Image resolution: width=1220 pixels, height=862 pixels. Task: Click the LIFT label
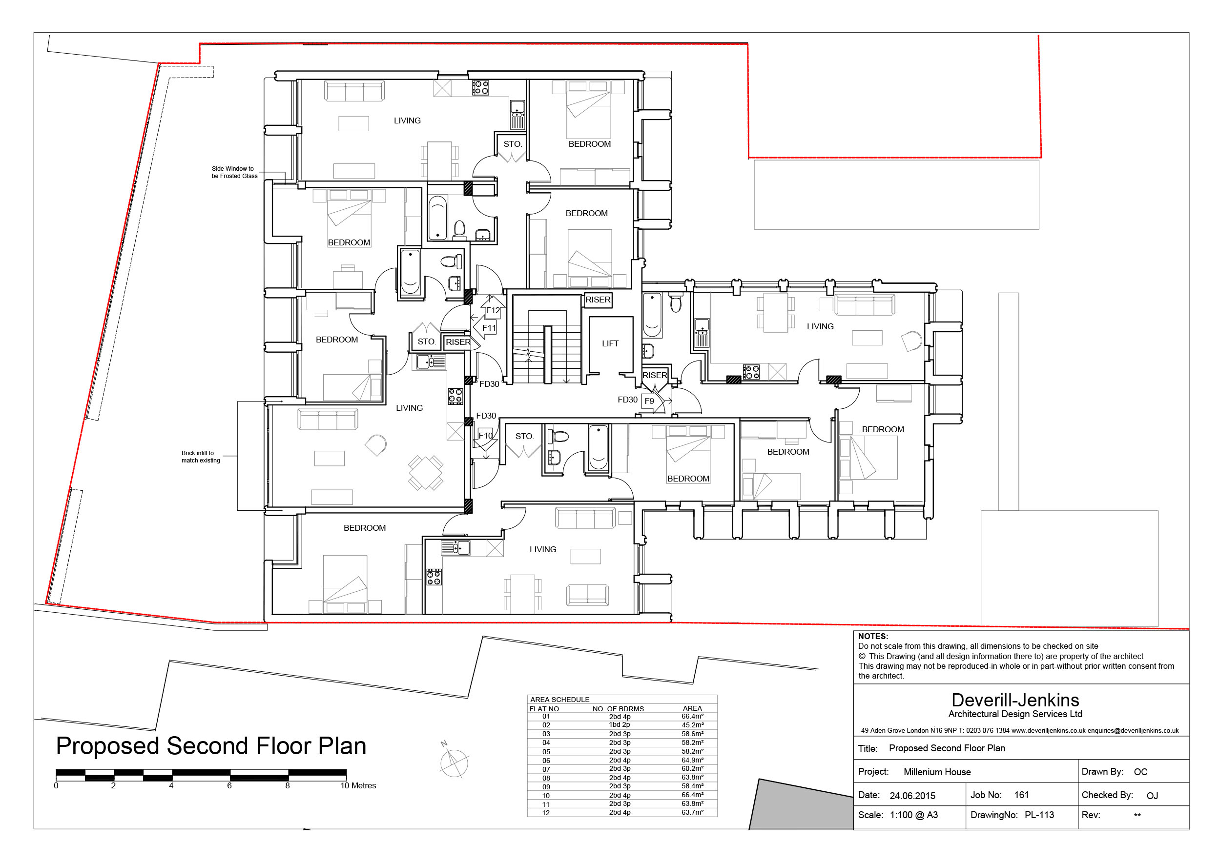[x=610, y=343]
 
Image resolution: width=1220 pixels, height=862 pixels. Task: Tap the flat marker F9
[x=649, y=401]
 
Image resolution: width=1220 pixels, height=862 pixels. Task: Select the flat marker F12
[x=493, y=311]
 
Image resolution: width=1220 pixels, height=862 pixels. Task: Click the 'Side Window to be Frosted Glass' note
[x=234, y=172]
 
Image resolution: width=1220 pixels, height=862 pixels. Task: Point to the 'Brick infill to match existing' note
[x=200, y=457]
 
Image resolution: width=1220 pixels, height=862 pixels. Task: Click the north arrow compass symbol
[x=453, y=761]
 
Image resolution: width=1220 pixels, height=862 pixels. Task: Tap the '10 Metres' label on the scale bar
[x=358, y=785]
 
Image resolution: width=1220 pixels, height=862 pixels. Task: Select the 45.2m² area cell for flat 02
[x=692, y=725]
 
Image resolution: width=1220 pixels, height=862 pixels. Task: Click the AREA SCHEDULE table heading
[x=559, y=700]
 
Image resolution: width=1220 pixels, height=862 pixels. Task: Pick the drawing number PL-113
[x=1039, y=815]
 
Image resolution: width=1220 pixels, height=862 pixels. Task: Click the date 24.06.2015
[x=912, y=796]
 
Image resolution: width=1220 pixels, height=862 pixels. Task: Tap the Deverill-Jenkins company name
[x=1015, y=700]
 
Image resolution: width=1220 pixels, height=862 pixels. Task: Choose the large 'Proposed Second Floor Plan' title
[x=211, y=746]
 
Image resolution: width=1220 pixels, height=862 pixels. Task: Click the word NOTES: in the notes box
[x=873, y=636]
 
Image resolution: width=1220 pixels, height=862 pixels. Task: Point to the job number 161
[x=1021, y=795]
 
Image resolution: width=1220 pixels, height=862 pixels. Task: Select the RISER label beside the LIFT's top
[x=598, y=300]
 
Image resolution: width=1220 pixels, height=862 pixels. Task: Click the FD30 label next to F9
[x=627, y=400]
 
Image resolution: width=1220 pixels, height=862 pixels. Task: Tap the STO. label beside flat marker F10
[x=524, y=436]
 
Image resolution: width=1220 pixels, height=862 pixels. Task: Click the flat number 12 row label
[x=546, y=813]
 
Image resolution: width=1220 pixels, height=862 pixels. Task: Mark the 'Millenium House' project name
[x=937, y=772]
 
